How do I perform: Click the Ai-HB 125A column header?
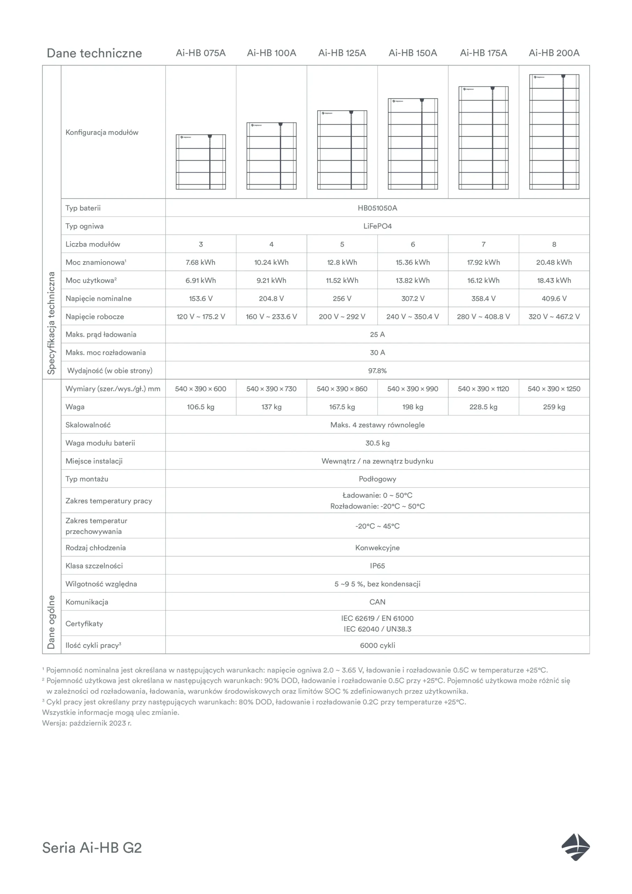[342, 53]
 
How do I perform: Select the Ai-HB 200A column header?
[554, 53]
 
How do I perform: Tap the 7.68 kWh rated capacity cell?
[200, 262]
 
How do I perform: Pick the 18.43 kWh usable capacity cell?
[554, 280]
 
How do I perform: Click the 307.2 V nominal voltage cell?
[413, 299]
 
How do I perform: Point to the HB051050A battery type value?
[377, 208]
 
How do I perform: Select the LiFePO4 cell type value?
[377, 226]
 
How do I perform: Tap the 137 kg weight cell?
[271, 407]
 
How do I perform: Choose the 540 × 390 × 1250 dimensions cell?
[554, 389]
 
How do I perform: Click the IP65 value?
[377, 566]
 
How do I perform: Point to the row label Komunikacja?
[87, 602]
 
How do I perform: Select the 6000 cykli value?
[377, 645]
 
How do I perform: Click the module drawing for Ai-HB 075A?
[200, 162]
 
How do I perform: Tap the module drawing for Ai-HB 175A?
[483, 138]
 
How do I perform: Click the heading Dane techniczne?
[94, 53]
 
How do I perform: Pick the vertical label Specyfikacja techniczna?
[51, 323]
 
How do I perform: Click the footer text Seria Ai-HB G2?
[92, 848]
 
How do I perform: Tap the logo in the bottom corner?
[575, 847]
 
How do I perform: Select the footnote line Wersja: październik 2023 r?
[87, 723]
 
